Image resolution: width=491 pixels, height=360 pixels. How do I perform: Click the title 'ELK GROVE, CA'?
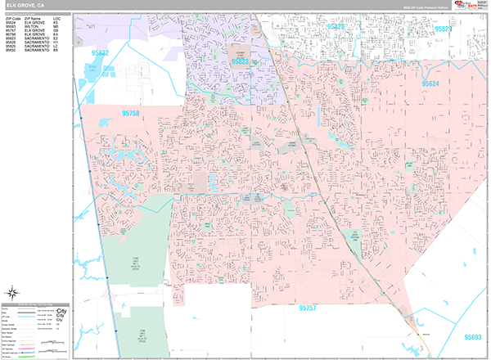pos(25,5)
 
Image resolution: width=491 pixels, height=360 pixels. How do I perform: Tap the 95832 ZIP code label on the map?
pos(99,53)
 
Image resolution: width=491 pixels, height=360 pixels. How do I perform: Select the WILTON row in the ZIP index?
pos(32,25)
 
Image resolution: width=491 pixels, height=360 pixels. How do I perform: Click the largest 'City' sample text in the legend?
pos(61,311)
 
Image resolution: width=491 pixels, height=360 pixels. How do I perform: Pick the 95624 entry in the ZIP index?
pos(12,21)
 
